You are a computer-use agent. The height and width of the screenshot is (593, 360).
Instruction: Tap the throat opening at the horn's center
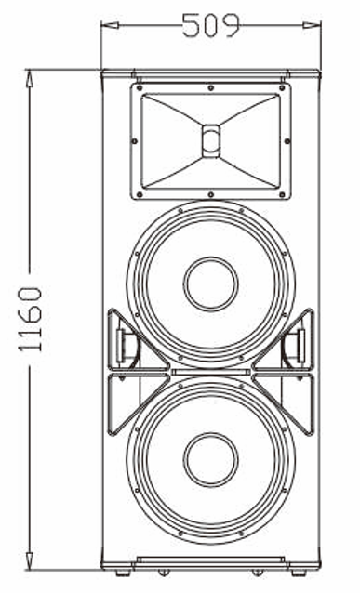211,140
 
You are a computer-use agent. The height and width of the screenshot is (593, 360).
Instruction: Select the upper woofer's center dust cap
211,283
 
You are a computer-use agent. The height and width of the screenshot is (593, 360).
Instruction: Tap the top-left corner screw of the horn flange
140,90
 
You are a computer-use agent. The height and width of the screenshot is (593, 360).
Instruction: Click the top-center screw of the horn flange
211,88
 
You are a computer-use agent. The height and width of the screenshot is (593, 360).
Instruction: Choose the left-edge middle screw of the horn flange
138,141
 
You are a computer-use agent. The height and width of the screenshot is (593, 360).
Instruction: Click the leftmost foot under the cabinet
118,570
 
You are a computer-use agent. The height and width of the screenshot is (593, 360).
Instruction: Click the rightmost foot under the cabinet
304,570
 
